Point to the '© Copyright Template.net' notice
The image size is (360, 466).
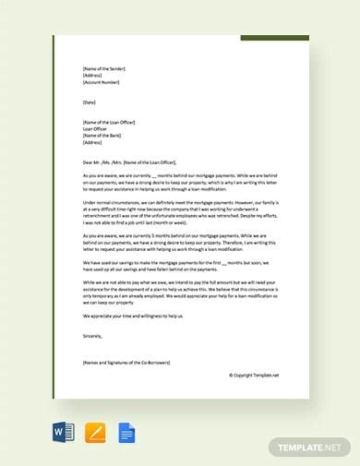coord(254,375)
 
